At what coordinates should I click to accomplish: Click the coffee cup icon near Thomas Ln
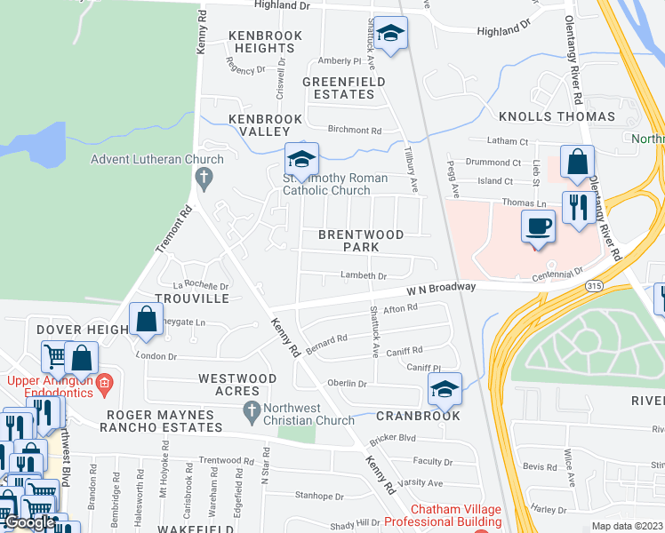point(538,226)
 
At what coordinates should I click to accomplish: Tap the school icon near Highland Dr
point(389,34)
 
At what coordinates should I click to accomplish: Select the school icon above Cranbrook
point(445,388)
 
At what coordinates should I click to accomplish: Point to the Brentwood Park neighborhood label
point(362,242)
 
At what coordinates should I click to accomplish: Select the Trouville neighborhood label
point(193,299)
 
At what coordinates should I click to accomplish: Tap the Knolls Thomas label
point(557,116)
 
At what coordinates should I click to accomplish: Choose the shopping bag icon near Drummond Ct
point(577,163)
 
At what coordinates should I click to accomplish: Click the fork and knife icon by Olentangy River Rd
point(579,208)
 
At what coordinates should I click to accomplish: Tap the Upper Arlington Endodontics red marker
point(105,384)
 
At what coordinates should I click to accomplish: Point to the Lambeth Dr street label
point(365,276)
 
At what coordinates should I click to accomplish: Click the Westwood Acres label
point(237,385)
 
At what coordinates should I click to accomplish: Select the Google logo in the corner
point(29,522)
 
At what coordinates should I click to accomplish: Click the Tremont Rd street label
point(173,231)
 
